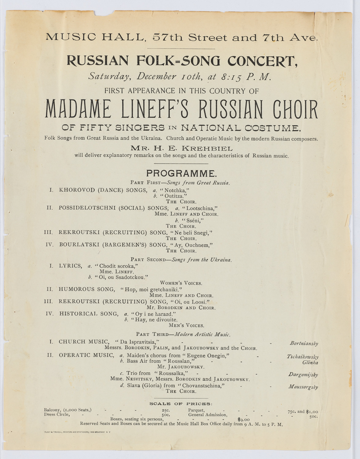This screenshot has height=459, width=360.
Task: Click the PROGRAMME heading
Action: (181, 174)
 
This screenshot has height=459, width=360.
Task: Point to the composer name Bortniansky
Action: (304, 343)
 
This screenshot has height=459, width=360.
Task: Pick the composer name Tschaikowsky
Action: (302, 357)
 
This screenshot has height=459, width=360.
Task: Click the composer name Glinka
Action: (310, 363)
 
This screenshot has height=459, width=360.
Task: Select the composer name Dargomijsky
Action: (303, 375)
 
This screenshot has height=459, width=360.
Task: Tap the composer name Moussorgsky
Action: (303, 387)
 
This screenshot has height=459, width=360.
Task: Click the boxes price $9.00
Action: (243, 419)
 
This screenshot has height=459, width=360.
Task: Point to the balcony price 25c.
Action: (166, 410)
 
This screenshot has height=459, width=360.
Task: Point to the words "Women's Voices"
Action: (181, 283)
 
